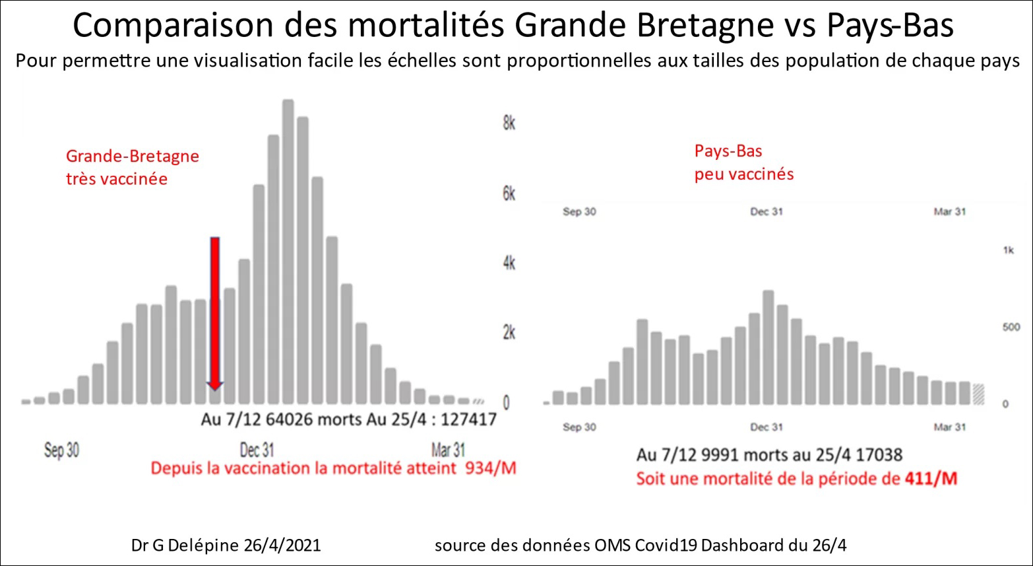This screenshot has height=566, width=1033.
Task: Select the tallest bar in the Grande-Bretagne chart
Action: pyautogui.click(x=288, y=251)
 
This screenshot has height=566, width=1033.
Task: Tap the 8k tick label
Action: pyautogui.click(x=509, y=124)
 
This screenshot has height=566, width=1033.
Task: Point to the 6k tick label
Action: pyautogui.click(x=509, y=194)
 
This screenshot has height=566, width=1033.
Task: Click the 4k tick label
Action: pyautogui.click(x=509, y=263)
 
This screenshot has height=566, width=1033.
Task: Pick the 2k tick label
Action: pyautogui.click(x=509, y=332)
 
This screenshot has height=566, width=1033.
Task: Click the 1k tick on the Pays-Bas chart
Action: pyautogui.click(x=1008, y=250)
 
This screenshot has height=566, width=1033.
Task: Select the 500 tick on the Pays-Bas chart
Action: pyautogui.click(x=1011, y=328)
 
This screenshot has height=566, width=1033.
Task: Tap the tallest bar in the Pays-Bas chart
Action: pyautogui.click(x=768, y=347)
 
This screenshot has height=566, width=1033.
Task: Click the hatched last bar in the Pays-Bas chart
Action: pyautogui.click(x=978, y=394)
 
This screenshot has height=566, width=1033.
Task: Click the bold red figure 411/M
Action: pyautogui.click(x=930, y=478)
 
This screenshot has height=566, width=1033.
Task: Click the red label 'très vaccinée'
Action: pyautogui.click(x=117, y=179)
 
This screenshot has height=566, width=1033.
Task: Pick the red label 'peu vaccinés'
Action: pyautogui.click(x=744, y=174)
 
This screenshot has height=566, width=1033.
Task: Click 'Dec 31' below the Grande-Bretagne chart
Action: pyautogui.click(x=257, y=450)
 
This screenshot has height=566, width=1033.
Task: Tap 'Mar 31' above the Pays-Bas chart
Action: pyautogui.click(x=949, y=212)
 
